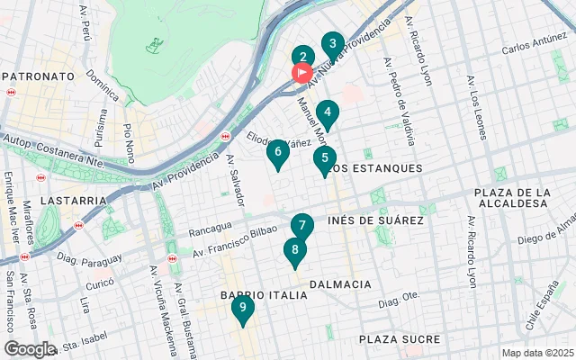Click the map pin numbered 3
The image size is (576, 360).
[x=333, y=44]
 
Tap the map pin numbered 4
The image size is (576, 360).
[x=328, y=113]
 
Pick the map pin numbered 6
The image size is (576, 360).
[x=278, y=152]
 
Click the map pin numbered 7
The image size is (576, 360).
[x=301, y=226]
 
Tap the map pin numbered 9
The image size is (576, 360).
[x=241, y=308]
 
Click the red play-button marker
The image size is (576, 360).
[x=301, y=73]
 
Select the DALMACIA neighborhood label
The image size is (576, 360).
[x=339, y=284]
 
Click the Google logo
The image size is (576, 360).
[x=30, y=349]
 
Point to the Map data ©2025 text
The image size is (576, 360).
[x=536, y=353]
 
